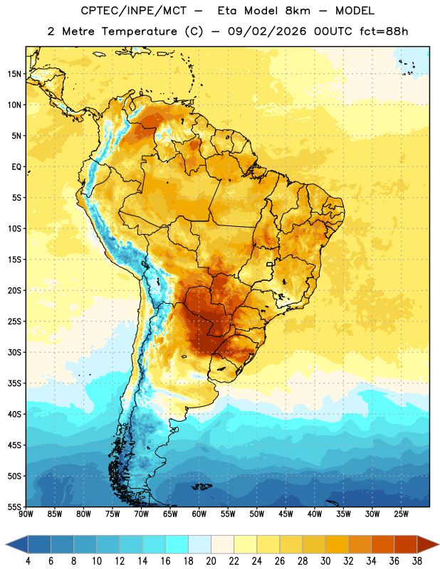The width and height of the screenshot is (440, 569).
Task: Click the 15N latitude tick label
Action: [x=14, y=74]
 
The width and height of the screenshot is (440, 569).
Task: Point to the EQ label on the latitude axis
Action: [x=16, y=167]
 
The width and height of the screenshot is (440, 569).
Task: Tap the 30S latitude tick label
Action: [x=14, y=352]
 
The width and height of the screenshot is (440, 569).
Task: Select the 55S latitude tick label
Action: [x=14, y=507]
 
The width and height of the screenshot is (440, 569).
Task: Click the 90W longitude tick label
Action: [x=26, y=514]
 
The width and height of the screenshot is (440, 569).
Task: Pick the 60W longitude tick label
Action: [x=199, y=514]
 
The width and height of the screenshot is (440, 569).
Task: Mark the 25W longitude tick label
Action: [x=401, y=514]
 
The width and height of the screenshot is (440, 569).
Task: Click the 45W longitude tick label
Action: [x=286, y=514]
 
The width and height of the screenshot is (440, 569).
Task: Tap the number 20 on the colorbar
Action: [x=211, y=561]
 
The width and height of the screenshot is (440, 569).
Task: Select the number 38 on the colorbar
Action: [x=417, y=561]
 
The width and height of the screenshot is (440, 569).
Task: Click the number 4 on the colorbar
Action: [x=28, y=561]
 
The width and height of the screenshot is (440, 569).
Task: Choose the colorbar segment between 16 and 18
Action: [x=177, y=545]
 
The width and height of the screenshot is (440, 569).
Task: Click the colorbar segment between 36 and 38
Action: [x=406, y=545]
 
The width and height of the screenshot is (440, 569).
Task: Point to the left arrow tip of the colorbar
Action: [x=6, y=545]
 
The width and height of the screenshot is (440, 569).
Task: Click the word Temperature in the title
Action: [x=140, y=31]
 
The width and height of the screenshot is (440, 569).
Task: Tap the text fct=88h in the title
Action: [x=384, y=31]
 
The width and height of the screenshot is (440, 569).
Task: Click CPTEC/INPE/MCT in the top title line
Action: [x=134, y=11]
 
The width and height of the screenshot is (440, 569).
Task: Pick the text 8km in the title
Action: [x=298, y=11]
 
